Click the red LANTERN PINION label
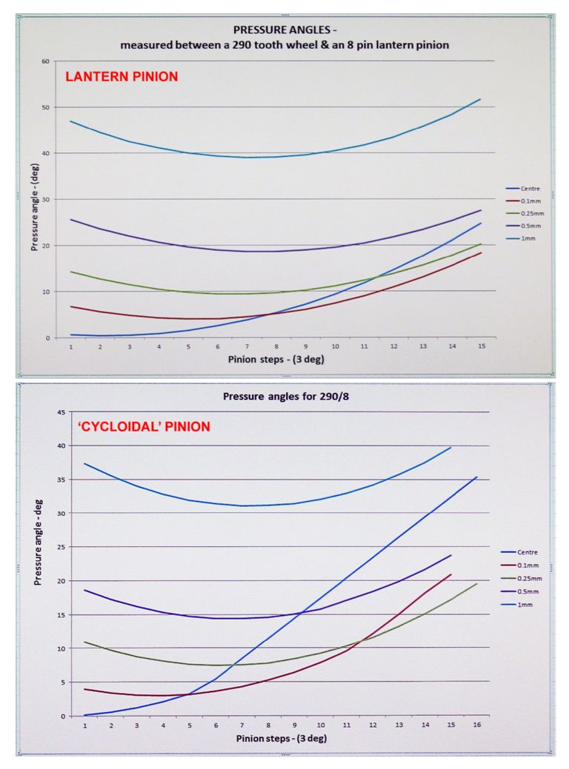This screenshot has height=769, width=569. click(122, 76)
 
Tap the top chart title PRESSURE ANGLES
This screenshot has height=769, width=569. click(285, 30)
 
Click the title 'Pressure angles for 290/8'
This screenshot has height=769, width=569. click(285, 396)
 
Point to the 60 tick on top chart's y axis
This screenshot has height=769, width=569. click(45, 61)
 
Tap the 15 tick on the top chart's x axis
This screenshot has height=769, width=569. click(481, 346)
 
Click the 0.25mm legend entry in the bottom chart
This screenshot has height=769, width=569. click(528, 578)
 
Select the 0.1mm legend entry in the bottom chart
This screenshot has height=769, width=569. click(525, 565)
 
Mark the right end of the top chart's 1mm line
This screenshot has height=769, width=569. click(480, 99)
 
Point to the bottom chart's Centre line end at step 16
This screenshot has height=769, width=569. click(476, 477)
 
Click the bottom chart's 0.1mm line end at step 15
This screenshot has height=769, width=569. click(450, 574)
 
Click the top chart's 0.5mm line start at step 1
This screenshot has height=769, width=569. click(71, 219)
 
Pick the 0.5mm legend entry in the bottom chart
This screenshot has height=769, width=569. click(525, 591)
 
